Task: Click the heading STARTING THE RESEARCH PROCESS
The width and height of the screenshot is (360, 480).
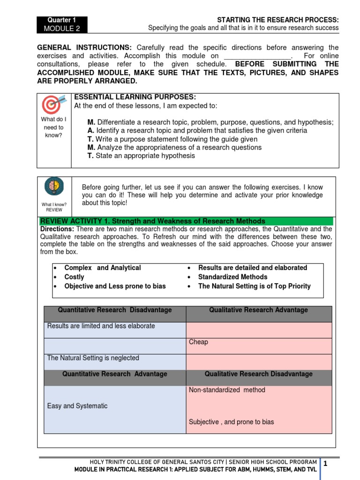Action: tap(277, 20)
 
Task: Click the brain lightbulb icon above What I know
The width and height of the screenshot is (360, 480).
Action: tap(54, 187)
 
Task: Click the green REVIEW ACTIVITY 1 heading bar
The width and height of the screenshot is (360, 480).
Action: tap(186, 221)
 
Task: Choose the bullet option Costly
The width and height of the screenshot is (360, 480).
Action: tap(74, 277)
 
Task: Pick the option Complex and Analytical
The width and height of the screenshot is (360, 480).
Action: tap(102, 268)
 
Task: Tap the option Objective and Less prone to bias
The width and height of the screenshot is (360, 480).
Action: tap(115, 286)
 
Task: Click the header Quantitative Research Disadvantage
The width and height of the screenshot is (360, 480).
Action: tap(115, 310)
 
